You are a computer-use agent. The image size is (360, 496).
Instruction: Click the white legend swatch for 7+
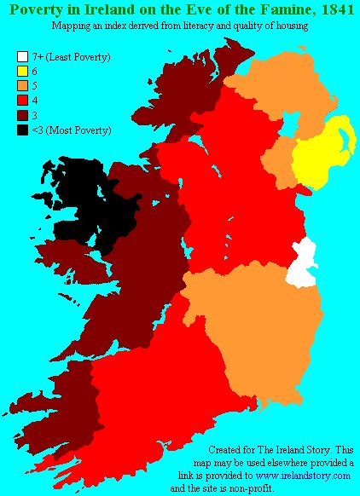coord(22,57)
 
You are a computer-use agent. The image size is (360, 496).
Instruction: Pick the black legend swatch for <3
coord(22,130)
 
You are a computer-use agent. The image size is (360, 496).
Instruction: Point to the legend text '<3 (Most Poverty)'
coord(72,130)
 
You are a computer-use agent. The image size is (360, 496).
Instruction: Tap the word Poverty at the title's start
coord(33,11)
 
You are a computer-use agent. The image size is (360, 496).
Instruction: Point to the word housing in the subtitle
coord(290,27)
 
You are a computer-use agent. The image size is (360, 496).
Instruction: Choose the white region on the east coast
coord(303,264)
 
